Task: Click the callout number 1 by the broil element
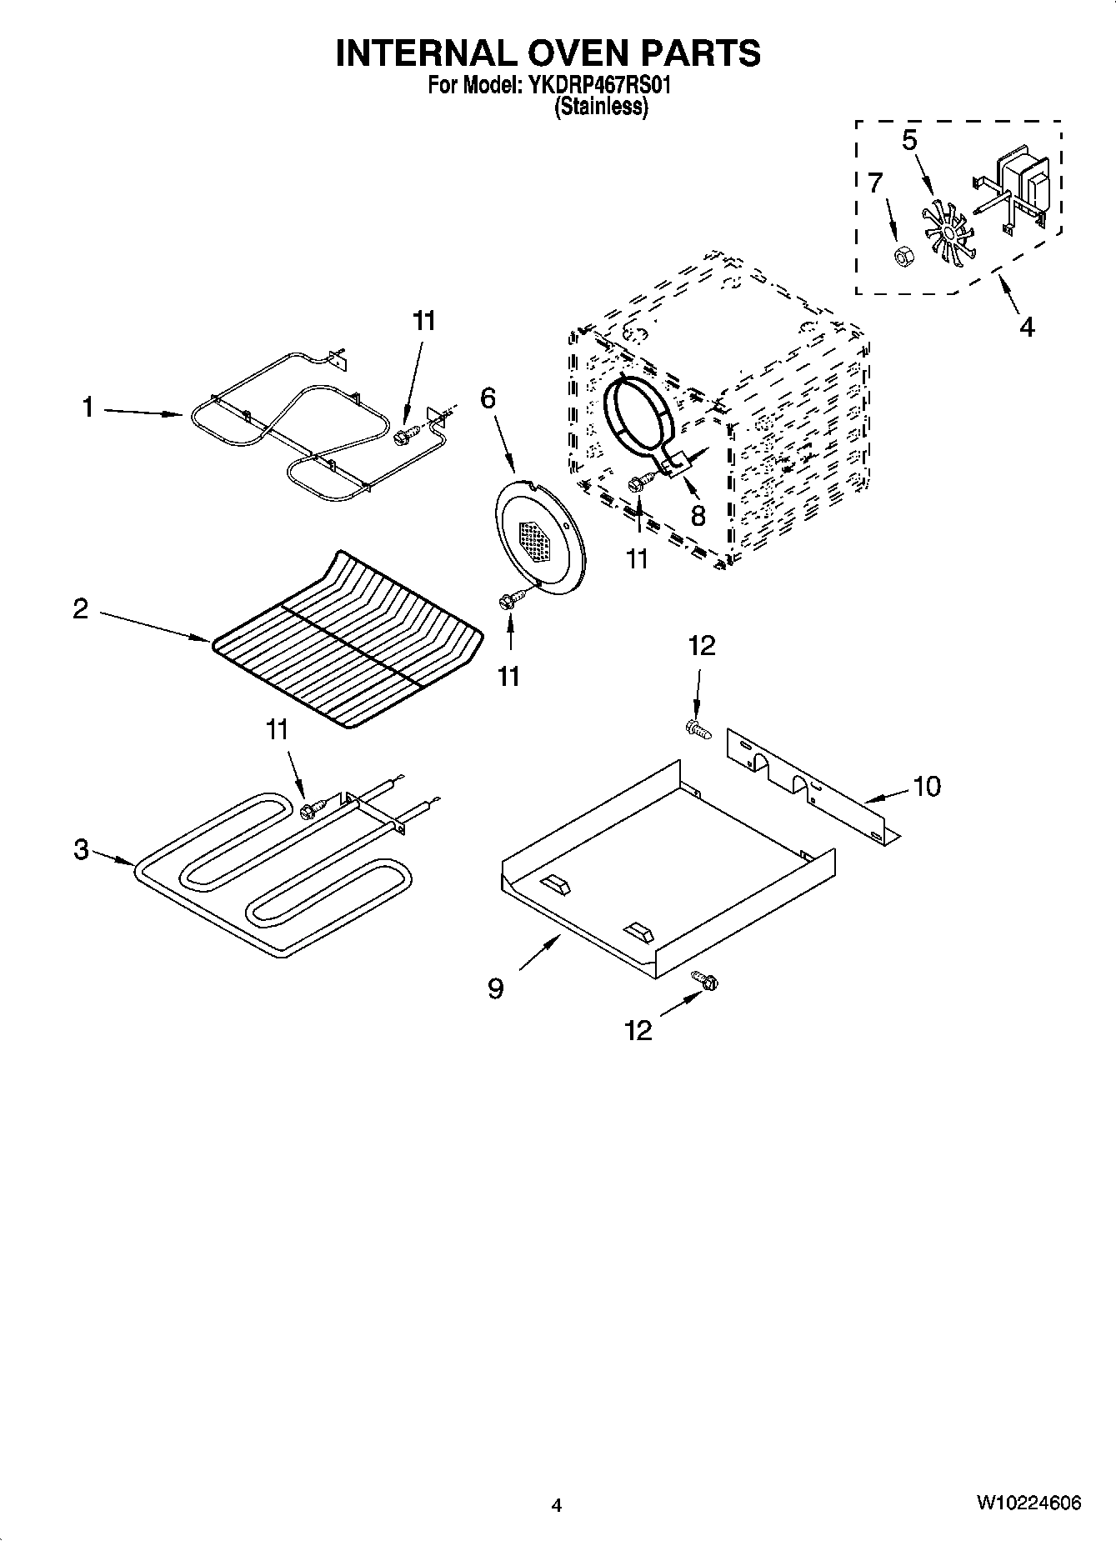tap(87, 408)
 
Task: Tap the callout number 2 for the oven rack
tap(80, 609)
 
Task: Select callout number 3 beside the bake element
tap(80, 849)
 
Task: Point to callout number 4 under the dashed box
tap(1026, 326)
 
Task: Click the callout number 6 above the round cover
tap(488, 398)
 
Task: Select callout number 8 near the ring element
tap(698, 516)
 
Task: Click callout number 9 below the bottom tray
tap(495, 988)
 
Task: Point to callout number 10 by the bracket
tap(926, 785)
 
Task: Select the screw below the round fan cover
tap(509, 601)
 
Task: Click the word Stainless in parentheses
tap(601, 107)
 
